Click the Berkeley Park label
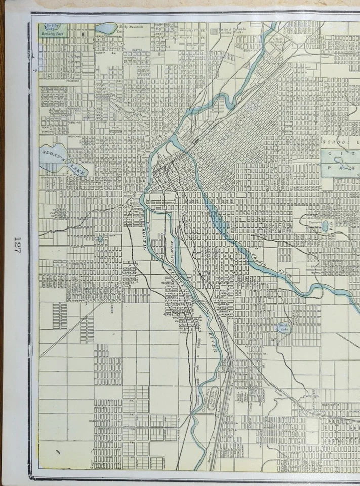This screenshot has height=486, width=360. coord(52,37)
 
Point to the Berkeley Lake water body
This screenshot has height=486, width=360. coord(50,28)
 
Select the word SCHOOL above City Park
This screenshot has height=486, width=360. coord(334,141)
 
